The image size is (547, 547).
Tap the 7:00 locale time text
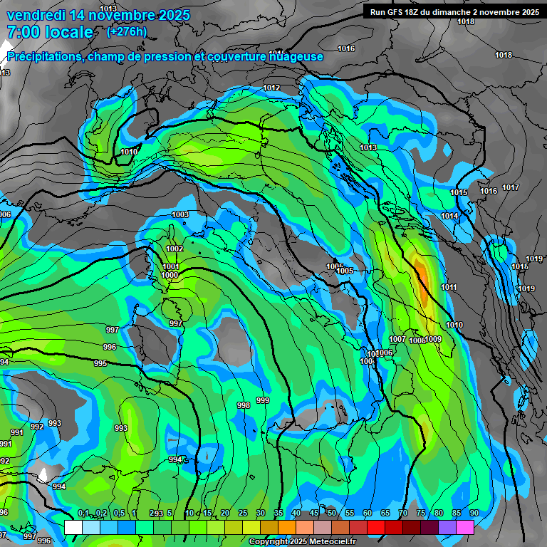pos(50,32)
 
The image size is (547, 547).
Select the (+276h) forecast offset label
pos(127,31)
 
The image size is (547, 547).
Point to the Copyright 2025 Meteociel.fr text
pos(302,541)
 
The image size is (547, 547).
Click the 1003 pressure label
pos(180,214)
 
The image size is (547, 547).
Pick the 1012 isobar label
pos(271,88)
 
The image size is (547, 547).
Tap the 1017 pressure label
pos(511,187)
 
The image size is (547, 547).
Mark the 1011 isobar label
pos(449,287)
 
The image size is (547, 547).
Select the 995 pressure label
pos(100,363)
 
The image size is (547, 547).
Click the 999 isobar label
pos(263,400)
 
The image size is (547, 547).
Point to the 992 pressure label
pos(37,427)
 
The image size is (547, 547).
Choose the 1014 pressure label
pos(449,216)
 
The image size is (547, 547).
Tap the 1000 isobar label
pos(170,275)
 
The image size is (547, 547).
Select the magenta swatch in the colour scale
pos(465,527)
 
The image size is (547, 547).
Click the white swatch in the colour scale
pos(73,527)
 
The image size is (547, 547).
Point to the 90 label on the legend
pos(474,513)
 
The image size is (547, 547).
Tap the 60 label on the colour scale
pos(368,513)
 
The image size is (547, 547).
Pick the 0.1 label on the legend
pos(83,513)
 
